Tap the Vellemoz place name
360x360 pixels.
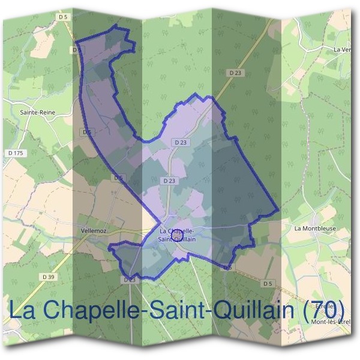(93, 229)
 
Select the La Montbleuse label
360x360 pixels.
(315, 229)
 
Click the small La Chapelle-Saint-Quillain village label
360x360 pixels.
(177, 235)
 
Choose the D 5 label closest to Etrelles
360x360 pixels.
(267, 283)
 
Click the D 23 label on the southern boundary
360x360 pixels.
(130, 280)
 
